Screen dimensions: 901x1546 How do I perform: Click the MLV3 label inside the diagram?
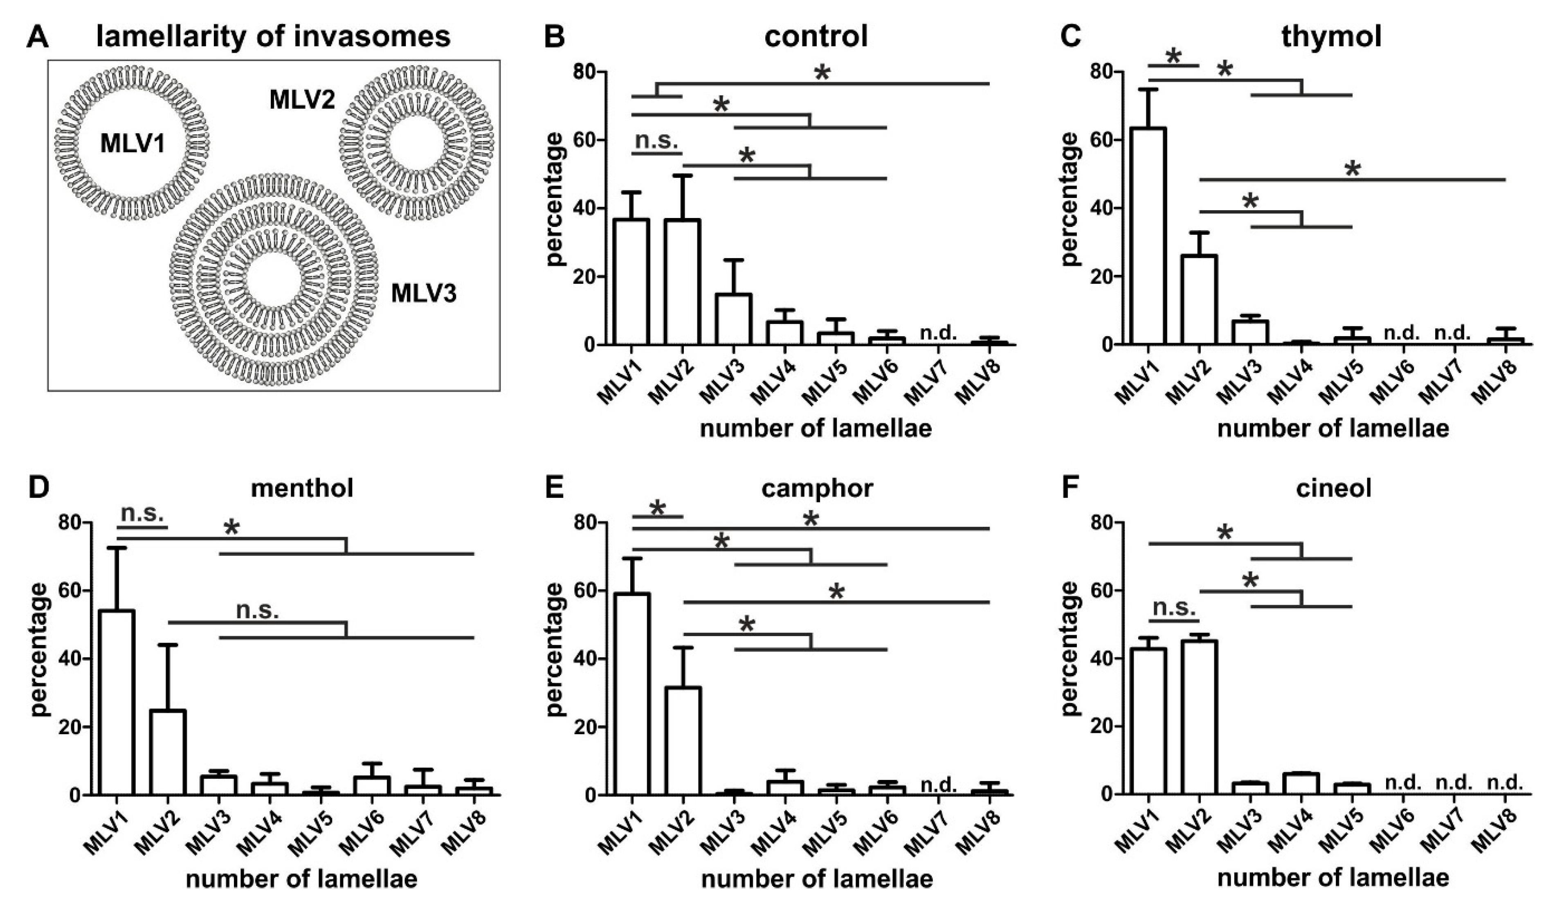(x=423, y=294)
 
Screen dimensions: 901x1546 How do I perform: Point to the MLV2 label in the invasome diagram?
(x=303, y=100)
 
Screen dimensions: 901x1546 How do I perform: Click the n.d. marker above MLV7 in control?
(x=939, y=333)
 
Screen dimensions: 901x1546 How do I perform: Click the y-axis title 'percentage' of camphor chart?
(x=555, y=658)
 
